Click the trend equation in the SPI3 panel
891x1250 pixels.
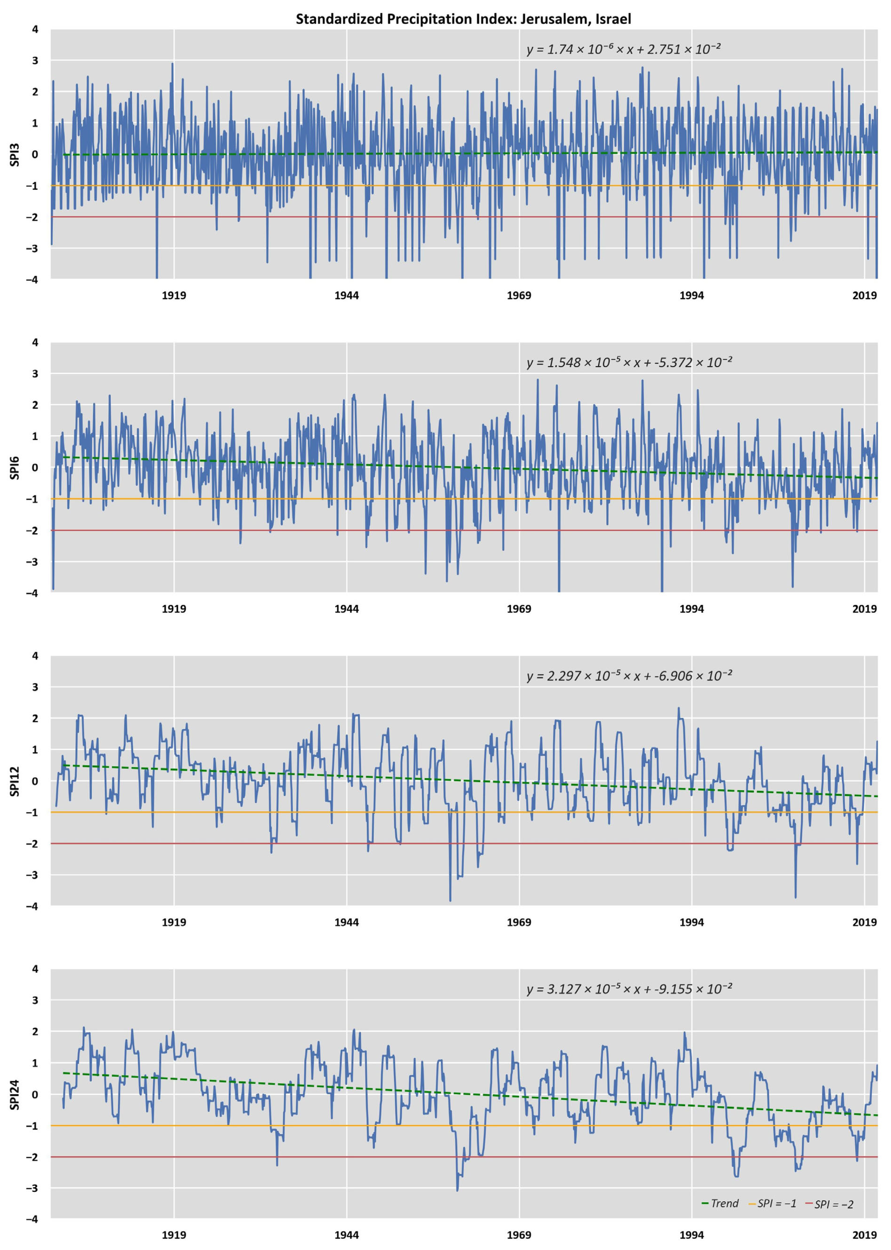pyautogui.click(x=623, y=49)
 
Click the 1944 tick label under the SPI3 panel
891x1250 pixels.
pyautogui.click(x=346, y=296)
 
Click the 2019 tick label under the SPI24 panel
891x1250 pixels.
pyautogui.click(x=864, y=1235)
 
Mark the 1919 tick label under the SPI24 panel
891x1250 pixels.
pyautogui.click(x=173, y=1235)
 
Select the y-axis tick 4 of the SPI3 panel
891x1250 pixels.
pyautogui.click(x=35, y=30)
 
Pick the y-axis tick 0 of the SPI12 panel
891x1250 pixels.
pyautogui.click(x=35, y=781)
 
